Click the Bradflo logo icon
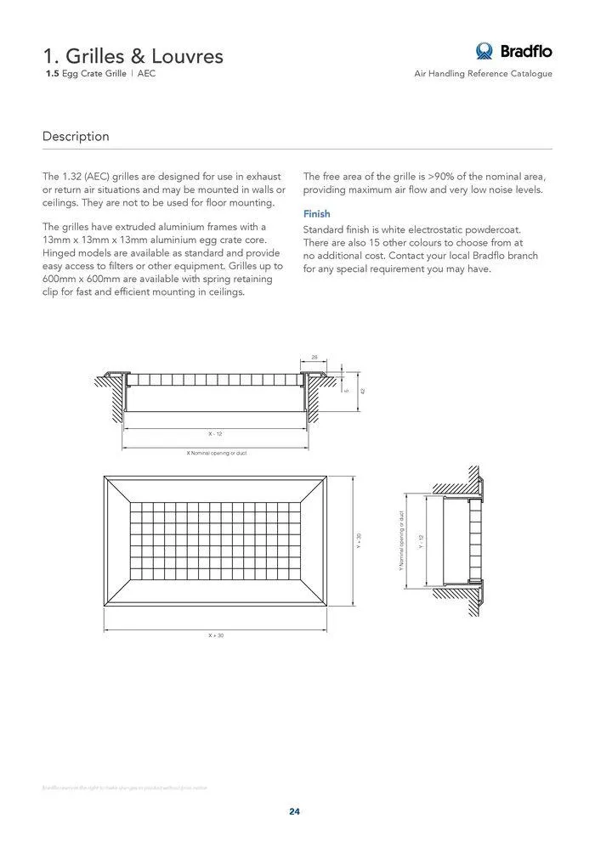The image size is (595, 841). [485, 51]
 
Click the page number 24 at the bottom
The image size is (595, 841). [294, 811]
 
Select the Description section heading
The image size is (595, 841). [76, 136]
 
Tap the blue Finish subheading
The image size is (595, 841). [317, 214]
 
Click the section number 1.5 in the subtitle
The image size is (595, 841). [52, 74]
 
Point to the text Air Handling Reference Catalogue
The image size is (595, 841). [483, 74]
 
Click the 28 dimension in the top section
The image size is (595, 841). [314, 358]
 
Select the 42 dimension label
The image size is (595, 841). [362, 390]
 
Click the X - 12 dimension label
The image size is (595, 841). [215, 434]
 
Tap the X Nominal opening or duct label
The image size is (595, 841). [216, 453]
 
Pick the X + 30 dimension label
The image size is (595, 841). [216, 635]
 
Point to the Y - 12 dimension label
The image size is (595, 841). [420, 541]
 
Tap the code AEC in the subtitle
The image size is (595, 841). [146, 74]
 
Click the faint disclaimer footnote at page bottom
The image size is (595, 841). [124, 787]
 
